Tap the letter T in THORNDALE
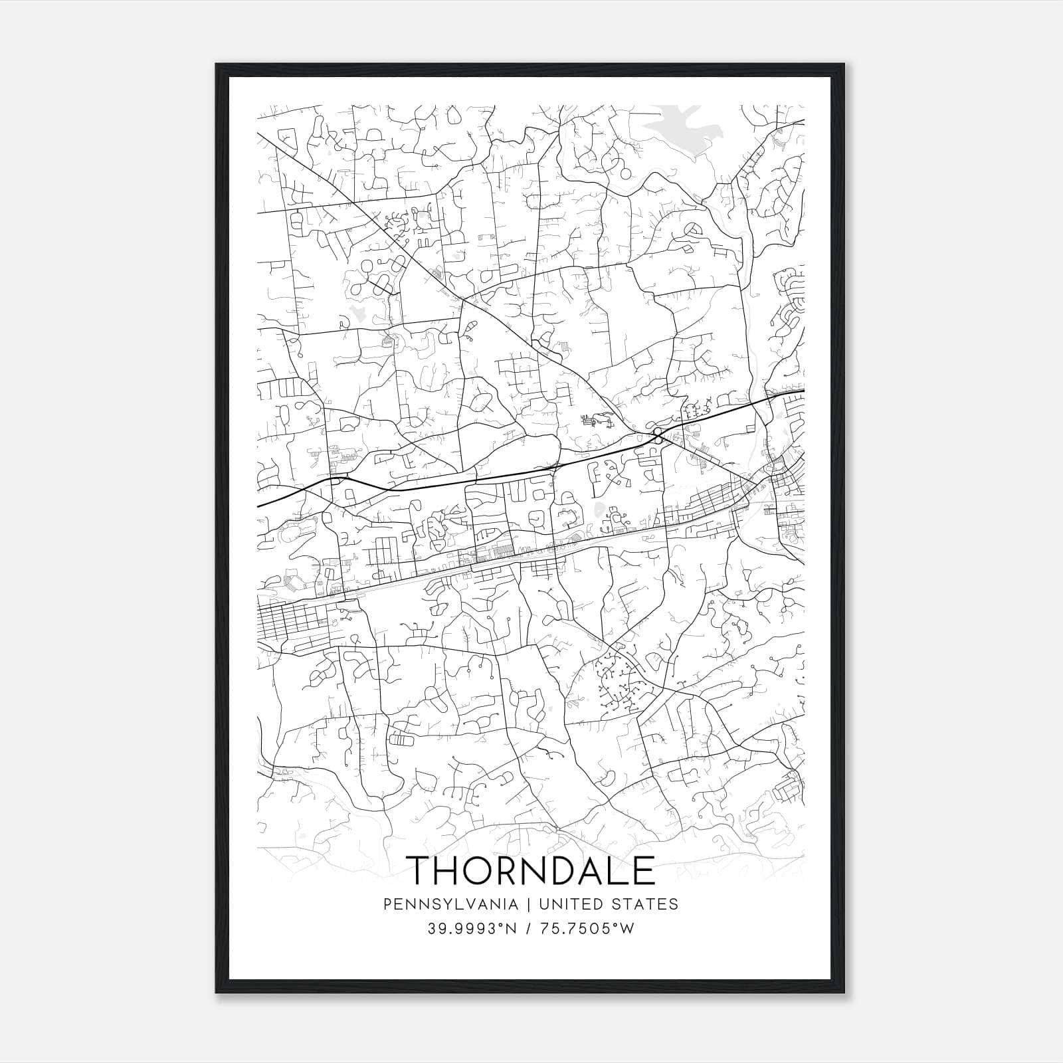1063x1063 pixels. pyautogui.click(x=421, y=870)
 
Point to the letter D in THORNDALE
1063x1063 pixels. pyautogui.click(x=561, y=870)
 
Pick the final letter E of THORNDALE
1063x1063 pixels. pyautogui.click(x=642, y=870)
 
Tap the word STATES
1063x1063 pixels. pyautogui.click(x=644, y=904)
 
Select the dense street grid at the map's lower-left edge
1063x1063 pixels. pyautogui.click(x=292, y=621)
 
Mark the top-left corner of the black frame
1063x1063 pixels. pyautogui.click(x=217, y=64)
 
